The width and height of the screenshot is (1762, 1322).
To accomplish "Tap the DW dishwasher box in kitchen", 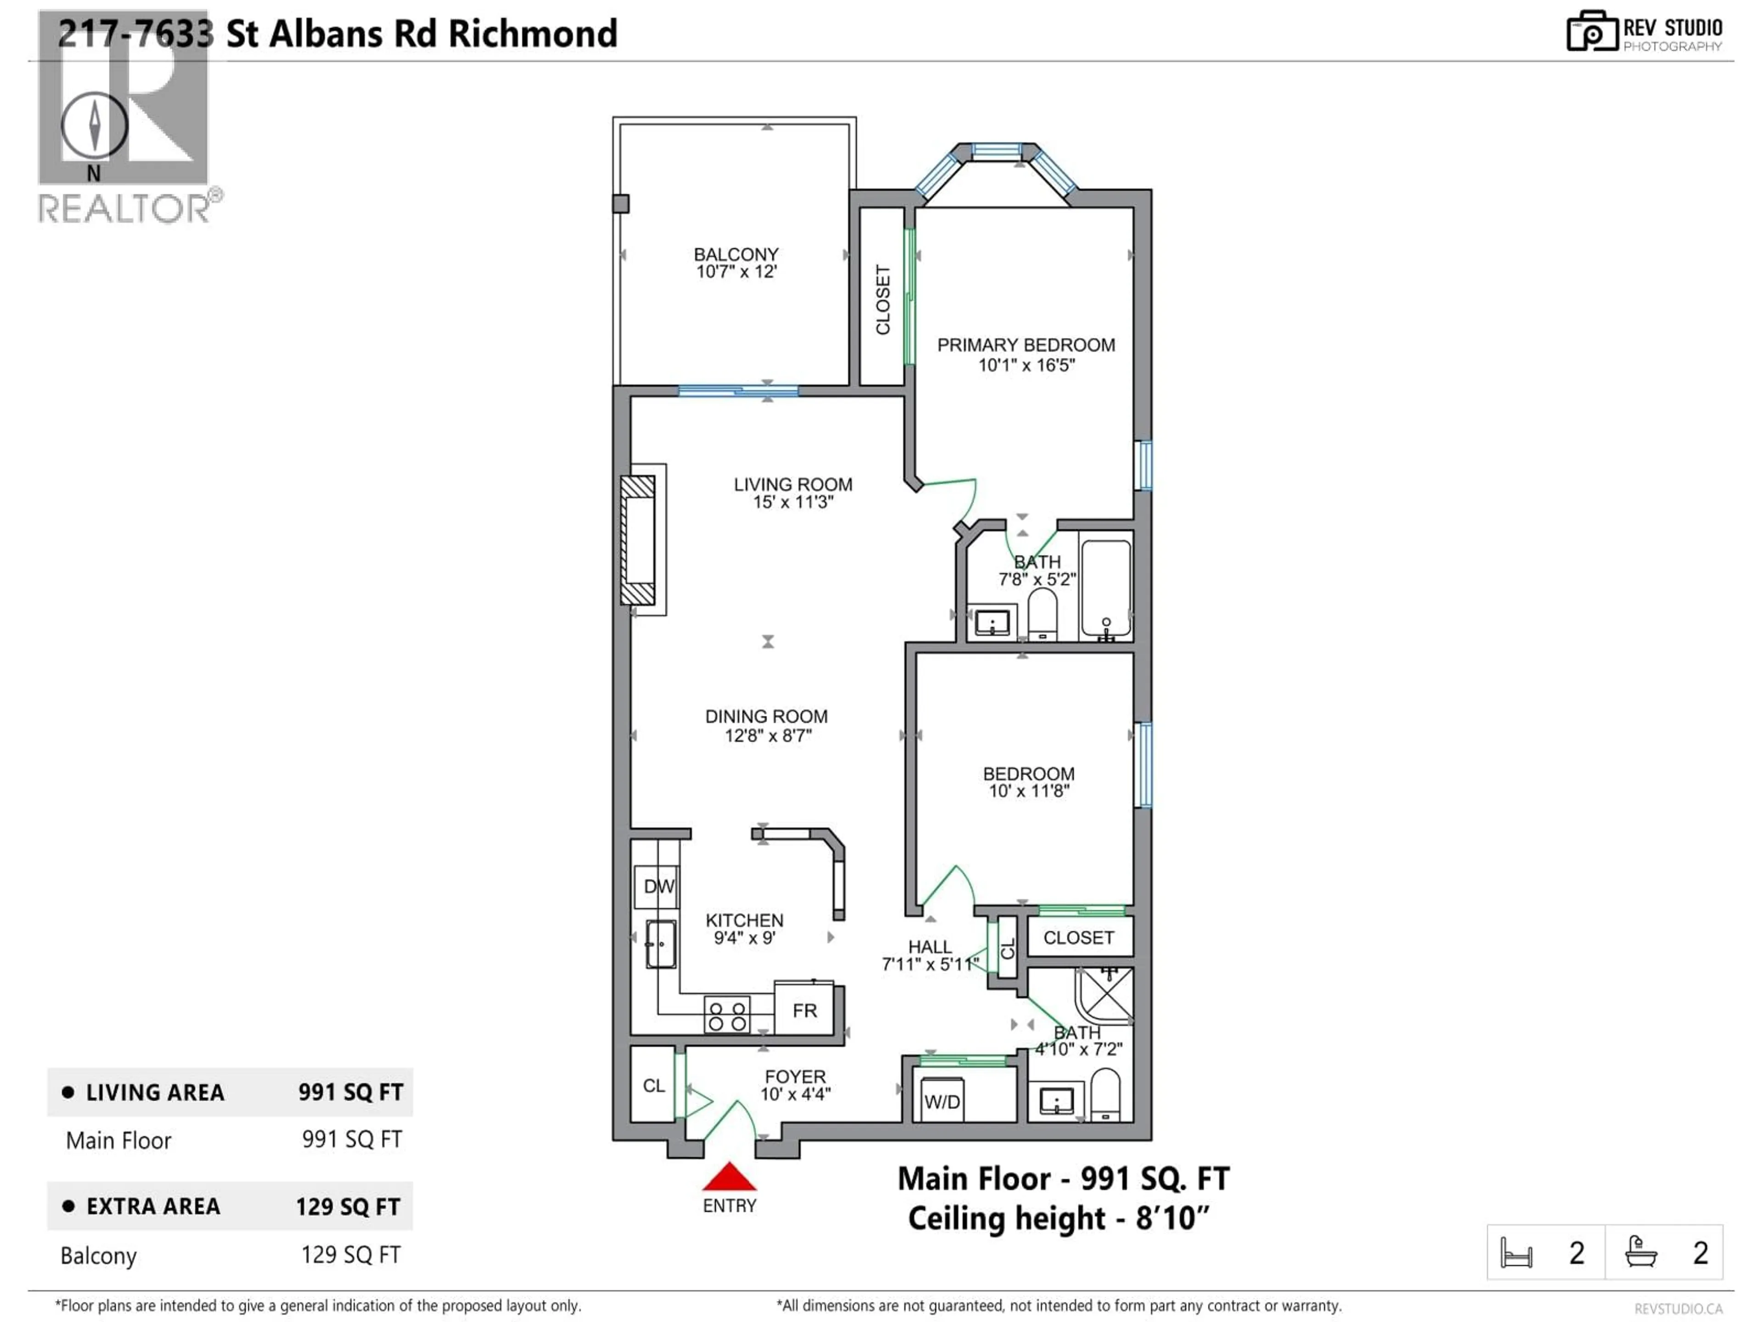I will pos(658,886).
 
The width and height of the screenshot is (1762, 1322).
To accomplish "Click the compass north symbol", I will pos(94,126).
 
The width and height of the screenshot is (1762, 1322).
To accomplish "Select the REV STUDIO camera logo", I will pos(1591,32).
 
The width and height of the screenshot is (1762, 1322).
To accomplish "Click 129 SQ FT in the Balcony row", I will pos(351,1255).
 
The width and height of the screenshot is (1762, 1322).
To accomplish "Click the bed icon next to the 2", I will pos(1516,1253).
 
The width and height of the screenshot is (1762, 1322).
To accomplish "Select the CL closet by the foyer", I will pos(653,1085).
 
